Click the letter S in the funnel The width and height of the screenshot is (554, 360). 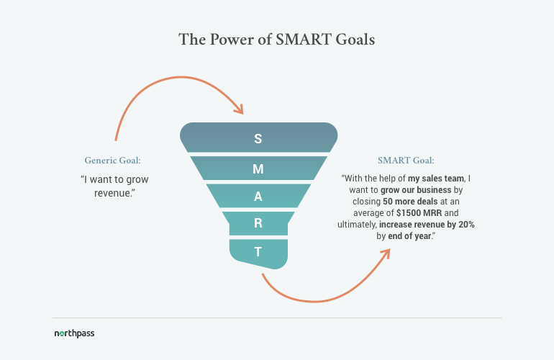point(258,139)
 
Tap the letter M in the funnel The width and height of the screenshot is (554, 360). point(258,168)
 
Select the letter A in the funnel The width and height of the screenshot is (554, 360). point(258,197)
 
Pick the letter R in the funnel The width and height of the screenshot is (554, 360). point(258,224)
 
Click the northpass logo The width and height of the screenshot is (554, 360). point(74,334)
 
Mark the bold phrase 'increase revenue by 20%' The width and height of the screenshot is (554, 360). point(430,225)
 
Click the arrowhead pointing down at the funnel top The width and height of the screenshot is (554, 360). point(239,109)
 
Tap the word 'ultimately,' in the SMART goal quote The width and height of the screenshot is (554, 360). point(361,225)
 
